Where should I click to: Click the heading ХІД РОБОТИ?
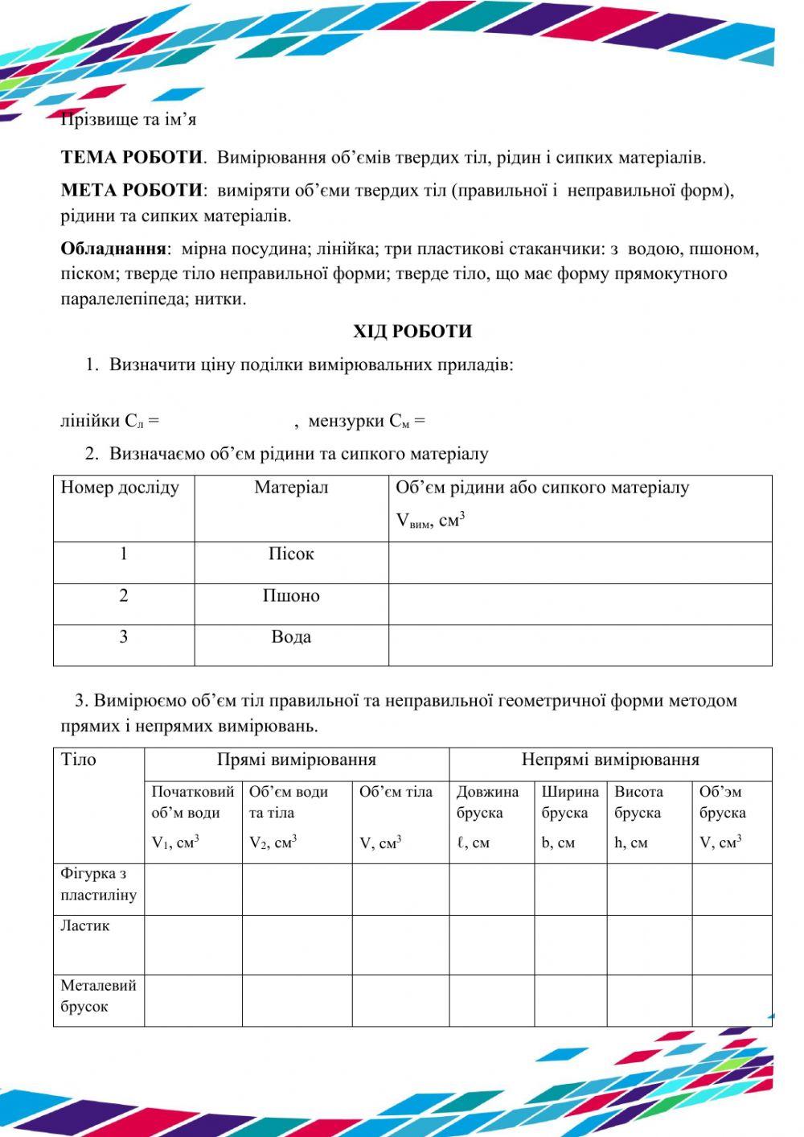[x=412, y=332]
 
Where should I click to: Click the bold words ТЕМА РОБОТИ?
[x=131, y=158]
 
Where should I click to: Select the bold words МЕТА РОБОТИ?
[x=133, y=191]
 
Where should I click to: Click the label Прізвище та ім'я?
[x=129, y=120]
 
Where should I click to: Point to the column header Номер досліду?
[x=120, y=488]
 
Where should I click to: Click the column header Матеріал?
[x=291, y=488]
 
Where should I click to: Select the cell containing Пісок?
[x=291, y=554]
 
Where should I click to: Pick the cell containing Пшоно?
[x=291, y=596]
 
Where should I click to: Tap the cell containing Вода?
[x=291, y=637]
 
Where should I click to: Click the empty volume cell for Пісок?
[x=580, y=562]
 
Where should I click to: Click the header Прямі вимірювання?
[x=296, y=760]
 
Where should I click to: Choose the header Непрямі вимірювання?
[x=610, y=760]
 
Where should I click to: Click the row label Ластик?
[x=85, y=926]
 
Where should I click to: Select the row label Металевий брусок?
[x=97, y=996]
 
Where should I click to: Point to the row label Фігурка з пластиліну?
[x=98, y=884]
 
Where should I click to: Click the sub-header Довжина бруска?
[x=488, y=802]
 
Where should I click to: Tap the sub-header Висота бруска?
[x=638, y=802]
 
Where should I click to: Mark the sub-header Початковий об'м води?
[x=192, y=802]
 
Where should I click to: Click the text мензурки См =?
[x=367, y=421]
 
